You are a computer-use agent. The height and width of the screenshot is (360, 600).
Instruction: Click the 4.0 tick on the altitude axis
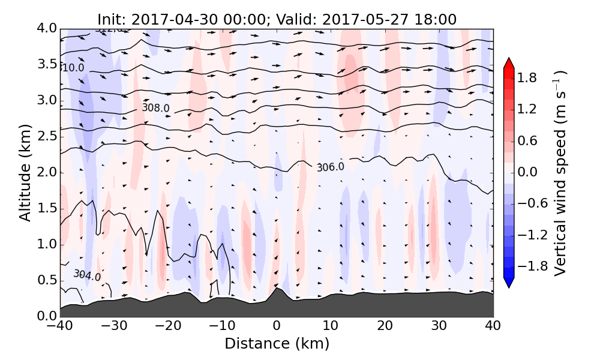[46, 28]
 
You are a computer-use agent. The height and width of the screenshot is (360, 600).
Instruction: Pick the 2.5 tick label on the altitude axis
[46, 136]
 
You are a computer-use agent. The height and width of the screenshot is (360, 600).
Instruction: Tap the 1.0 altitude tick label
[46, 244]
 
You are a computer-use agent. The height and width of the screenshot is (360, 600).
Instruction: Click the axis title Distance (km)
[277, 344]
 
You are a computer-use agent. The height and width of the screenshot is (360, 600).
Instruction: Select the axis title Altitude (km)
[25, 172]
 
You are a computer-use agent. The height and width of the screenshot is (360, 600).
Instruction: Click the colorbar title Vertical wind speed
[561, 173]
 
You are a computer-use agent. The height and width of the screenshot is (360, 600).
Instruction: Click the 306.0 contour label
[331, 167]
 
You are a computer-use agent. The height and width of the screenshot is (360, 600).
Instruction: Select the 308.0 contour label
[155, 108]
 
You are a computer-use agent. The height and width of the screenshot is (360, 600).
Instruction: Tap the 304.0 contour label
[87, 275]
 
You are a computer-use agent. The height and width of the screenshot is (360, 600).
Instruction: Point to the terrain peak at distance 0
[277, 289]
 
